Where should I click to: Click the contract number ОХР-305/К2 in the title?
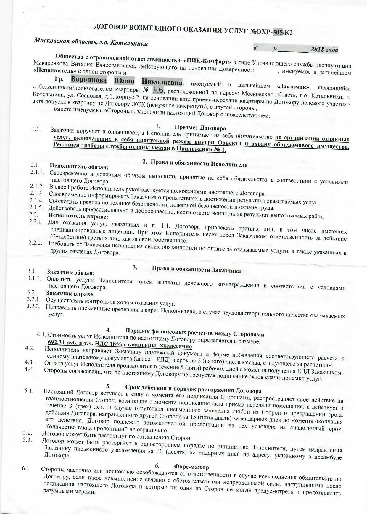click(271, 31)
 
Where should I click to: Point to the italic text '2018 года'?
click(324, 50)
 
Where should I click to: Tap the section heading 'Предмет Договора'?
click(200, 128)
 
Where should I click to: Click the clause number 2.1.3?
click(37, 194)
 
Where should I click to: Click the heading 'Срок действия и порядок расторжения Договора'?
click(193, 387)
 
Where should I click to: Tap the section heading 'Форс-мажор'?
click(191, 467)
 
